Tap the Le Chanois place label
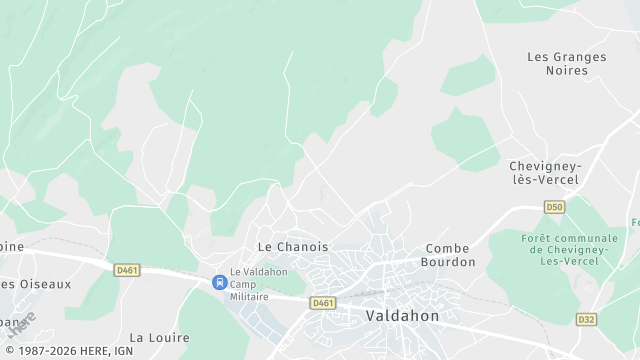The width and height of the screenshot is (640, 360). pyautogui.click(x=293, y=246)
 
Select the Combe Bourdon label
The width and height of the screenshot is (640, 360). pyautogui.click(x=450, y=255)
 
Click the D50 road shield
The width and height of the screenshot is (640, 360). pyautogui.click(x=555, y=207)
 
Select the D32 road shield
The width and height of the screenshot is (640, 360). pyautogui.click(x=587, y=319)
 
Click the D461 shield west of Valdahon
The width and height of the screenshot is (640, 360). pyautogui.click(x=322, y=302)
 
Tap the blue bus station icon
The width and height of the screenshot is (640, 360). pyautogui.click(x=218, y=282)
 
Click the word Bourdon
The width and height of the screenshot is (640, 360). pyautogui.click(x=450, y=262)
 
